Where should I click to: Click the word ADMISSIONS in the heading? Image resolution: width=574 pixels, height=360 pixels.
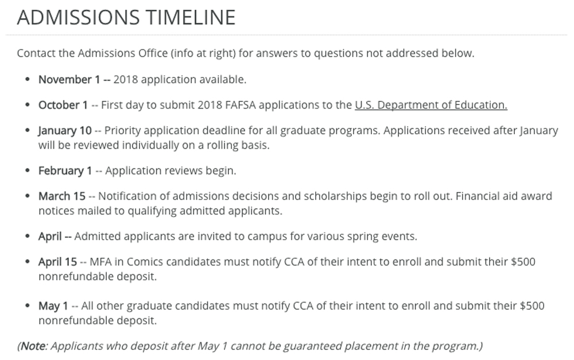click(x=77, y=17)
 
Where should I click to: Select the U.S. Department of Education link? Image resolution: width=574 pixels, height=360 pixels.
click(x=431, y=105)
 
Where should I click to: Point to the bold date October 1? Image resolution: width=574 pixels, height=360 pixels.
click(x=63, y=105)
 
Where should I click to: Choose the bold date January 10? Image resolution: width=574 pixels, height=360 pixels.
click(x=65, y=130)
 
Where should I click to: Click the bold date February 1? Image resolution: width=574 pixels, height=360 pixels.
click(x=65, y=171)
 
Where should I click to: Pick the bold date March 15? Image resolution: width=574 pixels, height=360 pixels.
click(x=61, y=196)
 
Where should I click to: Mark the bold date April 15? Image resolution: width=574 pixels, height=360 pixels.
click(x=57, y=262)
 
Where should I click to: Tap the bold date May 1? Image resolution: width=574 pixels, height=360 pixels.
click(x=53, y=306)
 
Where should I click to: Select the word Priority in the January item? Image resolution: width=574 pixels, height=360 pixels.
click(x=123, y=130)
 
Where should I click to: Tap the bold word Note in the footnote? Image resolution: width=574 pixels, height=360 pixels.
click(x=33, y=346)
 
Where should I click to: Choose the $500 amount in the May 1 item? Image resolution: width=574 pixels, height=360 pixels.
click(x=532, y=306)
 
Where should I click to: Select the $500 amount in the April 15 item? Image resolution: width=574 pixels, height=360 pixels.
click(x=523, y=262)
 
